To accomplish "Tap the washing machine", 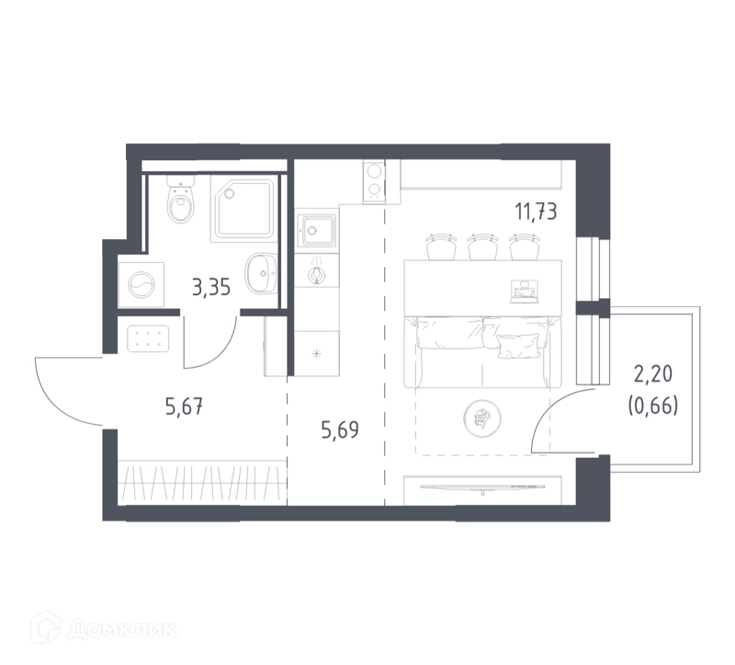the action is [x=141, y=285].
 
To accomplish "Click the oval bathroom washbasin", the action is [x=261, y=272].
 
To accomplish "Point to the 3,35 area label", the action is [x=211, y=287].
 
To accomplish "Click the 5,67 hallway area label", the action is [x=185, y=407].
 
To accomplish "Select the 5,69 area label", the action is [x=340, y=430].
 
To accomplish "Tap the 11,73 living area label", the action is [x=537, y=212].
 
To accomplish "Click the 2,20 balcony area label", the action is [x=653, y=374].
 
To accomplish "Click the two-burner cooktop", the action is [x=374, y=181].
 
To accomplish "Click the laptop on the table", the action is [x=524, y=292].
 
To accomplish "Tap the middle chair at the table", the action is [x=483, y=247].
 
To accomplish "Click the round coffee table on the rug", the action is [x=481, y=418].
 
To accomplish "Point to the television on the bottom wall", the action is [x=484, y=488].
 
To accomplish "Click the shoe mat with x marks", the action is [x=148, y=338].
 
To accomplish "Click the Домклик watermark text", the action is [x=123, y=629].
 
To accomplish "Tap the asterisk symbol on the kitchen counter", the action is [x=317, y=353].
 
